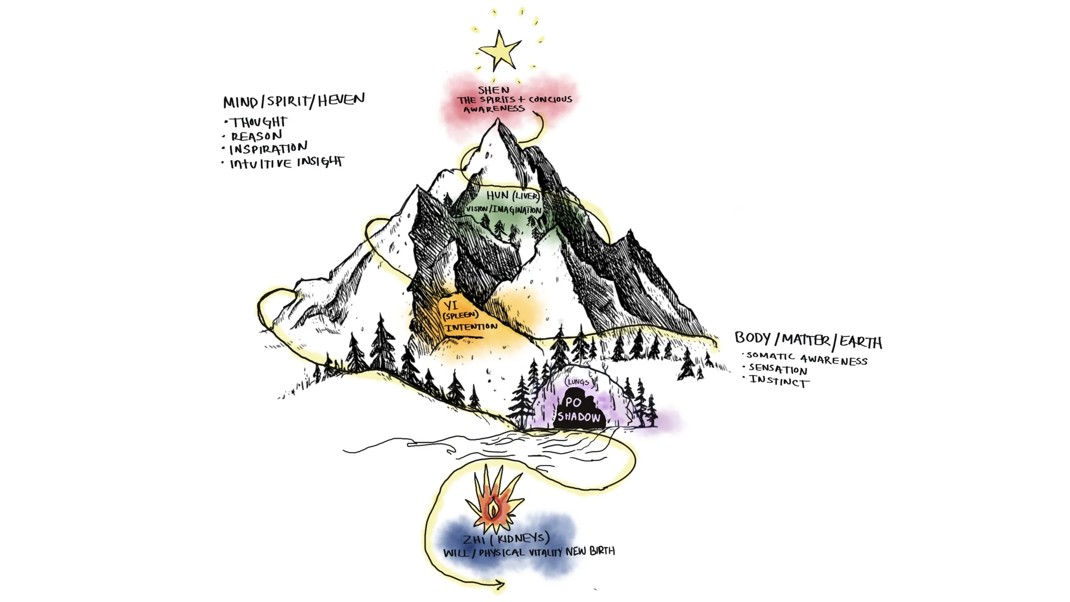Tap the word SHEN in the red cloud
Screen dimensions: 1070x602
click(x=493, y=90)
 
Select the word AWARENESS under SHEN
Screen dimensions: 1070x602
click(x=494, y=109)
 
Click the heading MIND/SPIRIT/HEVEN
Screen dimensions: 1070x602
click(x=294, y=101)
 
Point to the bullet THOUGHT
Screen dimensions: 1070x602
click(x=259, y=122)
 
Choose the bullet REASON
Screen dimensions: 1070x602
click(x=256, y=136)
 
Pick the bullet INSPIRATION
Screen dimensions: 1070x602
click(x=268, y=149)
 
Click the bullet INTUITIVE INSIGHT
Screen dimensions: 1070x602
click(x=286, y=163)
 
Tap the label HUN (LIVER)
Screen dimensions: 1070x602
click(x=513, y=196)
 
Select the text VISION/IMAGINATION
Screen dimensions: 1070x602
click(x=504, y=209)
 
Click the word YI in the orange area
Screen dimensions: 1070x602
click(x=450, y=305)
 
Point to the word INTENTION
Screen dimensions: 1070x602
click(x=471, y=327)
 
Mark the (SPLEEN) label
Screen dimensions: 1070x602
click(x=460, y=316)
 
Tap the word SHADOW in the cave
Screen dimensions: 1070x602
click(x=579, y=417)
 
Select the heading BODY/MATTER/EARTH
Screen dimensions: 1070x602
click(x=808, y=340)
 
